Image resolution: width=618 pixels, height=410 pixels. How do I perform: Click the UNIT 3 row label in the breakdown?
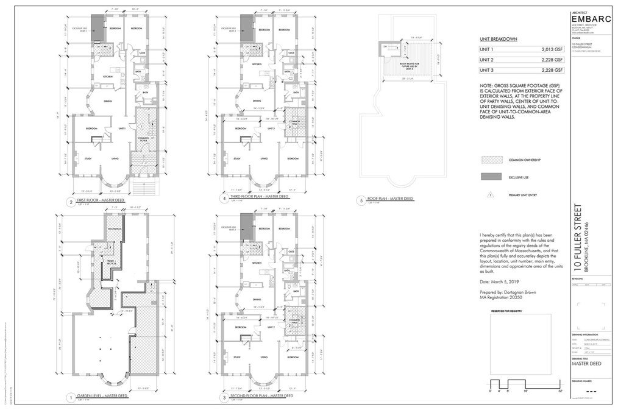488,71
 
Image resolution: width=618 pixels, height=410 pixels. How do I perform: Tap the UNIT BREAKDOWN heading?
499,38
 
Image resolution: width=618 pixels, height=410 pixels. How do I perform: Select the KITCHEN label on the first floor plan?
107,77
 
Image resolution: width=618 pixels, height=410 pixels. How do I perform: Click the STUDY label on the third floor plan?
234,159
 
